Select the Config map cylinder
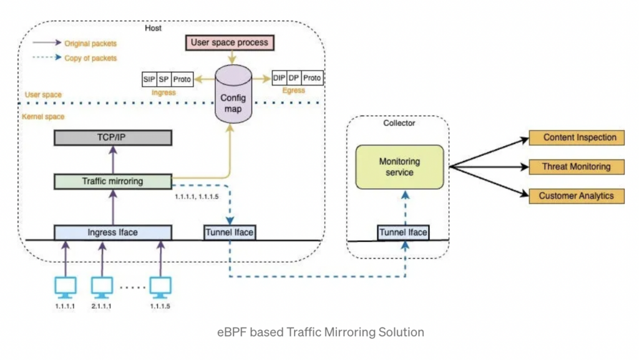point(233,99)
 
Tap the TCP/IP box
point(112,138)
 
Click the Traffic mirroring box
point(112,182)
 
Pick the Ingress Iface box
point(112,232)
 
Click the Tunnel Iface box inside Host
point(230,232)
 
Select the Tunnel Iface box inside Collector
point(403,232)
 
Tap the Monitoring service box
point(399,167)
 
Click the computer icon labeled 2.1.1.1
point(102,286)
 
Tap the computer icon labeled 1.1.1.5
point(160,286)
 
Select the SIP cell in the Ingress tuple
point(149,79)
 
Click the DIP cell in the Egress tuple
point(279,78)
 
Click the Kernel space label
point(43,117)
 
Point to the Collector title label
point(399,123)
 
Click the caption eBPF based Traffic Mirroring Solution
point(319,332)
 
